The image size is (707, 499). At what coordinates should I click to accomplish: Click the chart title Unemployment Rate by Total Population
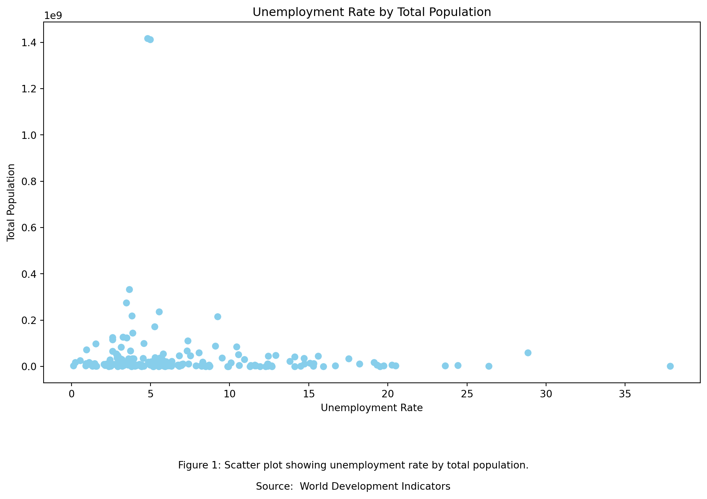[372, 12]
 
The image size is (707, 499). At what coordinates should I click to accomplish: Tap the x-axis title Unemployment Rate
[372, 408]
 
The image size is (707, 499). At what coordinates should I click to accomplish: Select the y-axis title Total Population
[11, 202]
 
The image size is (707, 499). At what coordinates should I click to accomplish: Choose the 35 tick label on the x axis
[625, 394]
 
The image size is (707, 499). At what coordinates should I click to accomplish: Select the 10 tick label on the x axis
[229, 394]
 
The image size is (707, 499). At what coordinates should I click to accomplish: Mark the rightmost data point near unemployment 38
[670, 366]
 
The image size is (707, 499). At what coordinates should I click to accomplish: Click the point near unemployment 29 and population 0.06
[528, 353]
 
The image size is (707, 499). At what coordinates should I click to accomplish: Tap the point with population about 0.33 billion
[129, 289]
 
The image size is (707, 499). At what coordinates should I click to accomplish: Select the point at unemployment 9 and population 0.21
[218, 317]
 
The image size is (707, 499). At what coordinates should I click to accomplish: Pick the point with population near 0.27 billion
[126, 303]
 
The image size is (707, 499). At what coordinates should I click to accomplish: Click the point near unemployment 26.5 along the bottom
[489, 366]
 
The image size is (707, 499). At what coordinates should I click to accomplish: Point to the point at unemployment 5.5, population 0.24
[159, 312]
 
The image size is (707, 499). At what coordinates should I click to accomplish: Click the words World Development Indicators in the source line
[375, 486]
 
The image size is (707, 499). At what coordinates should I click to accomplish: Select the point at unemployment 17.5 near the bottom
[349, 359]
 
